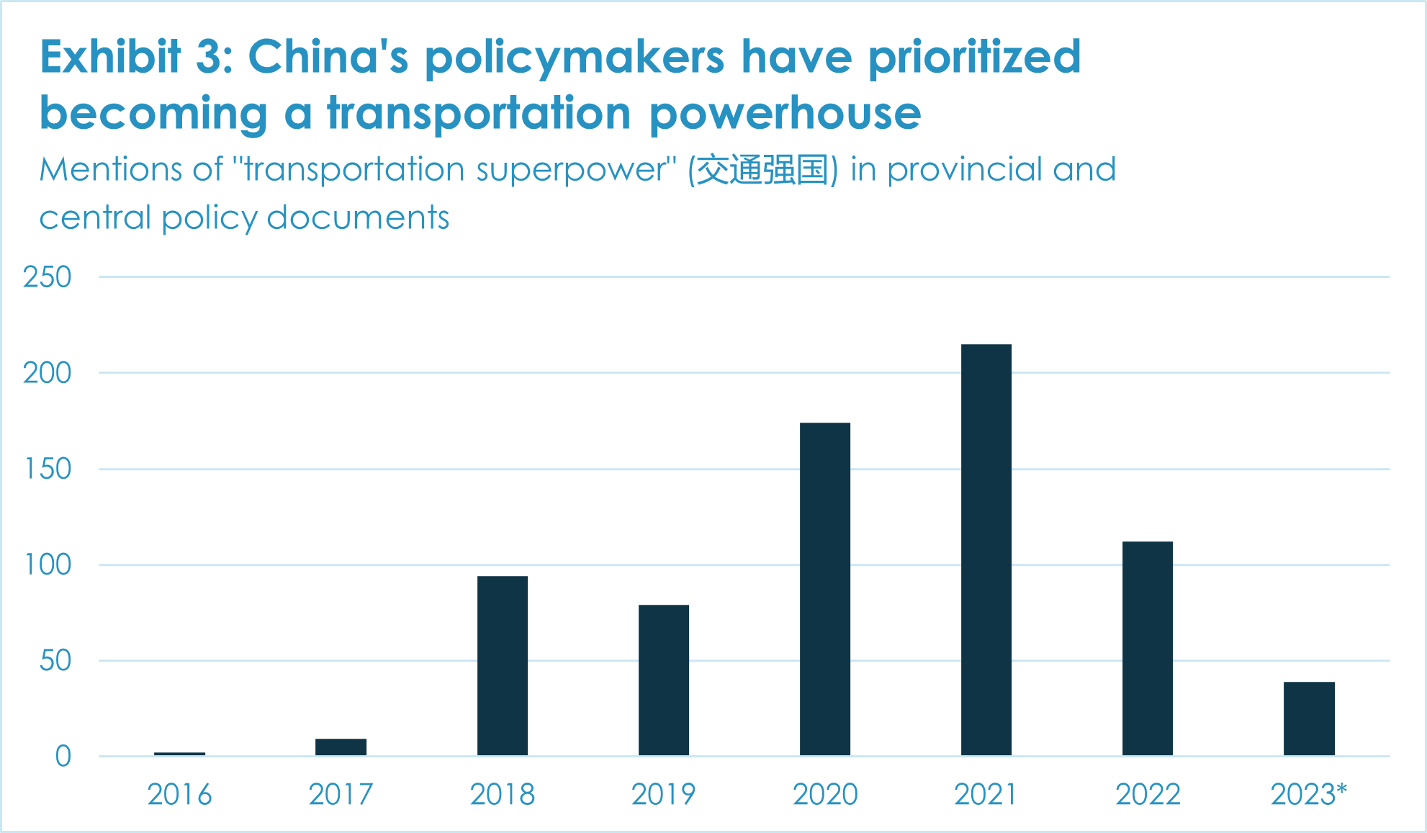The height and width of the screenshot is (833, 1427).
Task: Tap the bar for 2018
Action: pos(502,665)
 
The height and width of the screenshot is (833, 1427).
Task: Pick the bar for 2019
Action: pos(663,680)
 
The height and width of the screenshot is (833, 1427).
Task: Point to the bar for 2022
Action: pos(1147,648)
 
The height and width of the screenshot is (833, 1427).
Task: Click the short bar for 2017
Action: pos(341,747)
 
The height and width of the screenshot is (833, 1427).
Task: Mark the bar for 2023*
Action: pos(1308,719)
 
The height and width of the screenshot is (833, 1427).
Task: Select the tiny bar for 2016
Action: pos(179,754)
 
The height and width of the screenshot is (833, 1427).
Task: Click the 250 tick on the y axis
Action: pos(48,277)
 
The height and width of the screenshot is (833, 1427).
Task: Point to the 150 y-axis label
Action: pos(48,469)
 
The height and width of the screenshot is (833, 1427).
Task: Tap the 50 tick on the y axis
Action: pos(55,661)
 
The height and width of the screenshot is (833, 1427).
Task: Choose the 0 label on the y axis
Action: pos(63,757)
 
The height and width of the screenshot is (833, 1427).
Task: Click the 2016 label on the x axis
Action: pos(179,795)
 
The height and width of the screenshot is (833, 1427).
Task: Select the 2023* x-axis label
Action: pos(1308,795)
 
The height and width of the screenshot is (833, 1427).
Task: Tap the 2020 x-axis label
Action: pos(824,795)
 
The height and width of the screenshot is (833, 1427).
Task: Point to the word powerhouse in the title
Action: pos(785,113)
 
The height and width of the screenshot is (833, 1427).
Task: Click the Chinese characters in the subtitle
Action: pos(762,170)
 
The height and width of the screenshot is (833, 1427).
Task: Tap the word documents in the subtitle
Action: pos(358,217)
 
